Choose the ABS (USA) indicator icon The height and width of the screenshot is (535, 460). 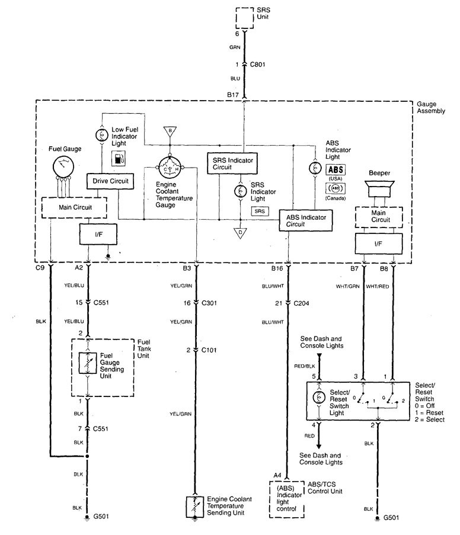point(336,170)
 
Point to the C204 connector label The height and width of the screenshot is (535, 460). point(302,303)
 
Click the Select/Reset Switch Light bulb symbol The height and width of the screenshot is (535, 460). point(320,398)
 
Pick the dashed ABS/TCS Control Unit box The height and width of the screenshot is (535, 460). point(287,499)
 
